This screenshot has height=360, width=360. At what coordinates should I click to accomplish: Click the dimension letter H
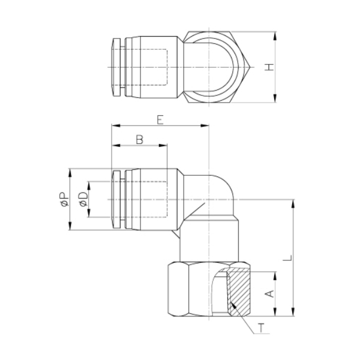coord(269,67)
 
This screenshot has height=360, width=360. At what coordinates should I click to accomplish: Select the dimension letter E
coord(160,120)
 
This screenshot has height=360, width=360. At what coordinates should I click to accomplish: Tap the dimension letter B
coord(140,140)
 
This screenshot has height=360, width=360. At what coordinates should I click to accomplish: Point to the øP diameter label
coord(64,199)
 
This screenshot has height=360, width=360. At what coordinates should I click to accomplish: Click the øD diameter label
coord(83,199)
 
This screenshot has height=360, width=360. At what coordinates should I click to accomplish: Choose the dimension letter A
coord(270,293)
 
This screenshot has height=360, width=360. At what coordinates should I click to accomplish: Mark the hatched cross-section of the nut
coord(239,292)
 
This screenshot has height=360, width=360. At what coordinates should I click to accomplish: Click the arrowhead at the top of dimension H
coord(275,36)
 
